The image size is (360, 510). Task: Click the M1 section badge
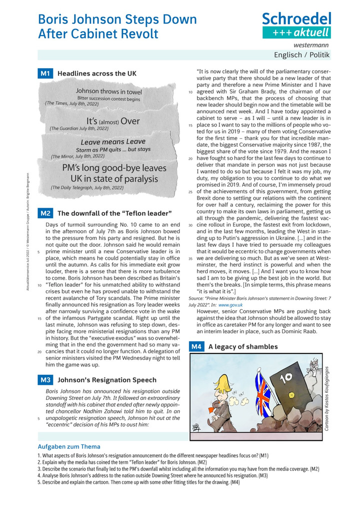(x=45, y=74)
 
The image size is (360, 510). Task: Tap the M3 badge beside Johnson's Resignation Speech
(x=45, y=380)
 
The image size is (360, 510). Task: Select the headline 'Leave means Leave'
(x=113, y=142)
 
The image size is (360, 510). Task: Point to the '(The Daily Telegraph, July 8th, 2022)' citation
(x=87, y=188)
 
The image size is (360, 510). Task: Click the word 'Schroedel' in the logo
(x=296, y=19)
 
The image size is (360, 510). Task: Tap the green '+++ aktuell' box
(x=297, y=33)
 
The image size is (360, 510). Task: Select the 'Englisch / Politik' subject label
(x=302, y=55)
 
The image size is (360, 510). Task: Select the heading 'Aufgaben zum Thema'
(x=69, y=446)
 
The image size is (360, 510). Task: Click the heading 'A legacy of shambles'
(x=243, y=346)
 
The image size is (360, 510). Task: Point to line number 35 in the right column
(x=190, y=259)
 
